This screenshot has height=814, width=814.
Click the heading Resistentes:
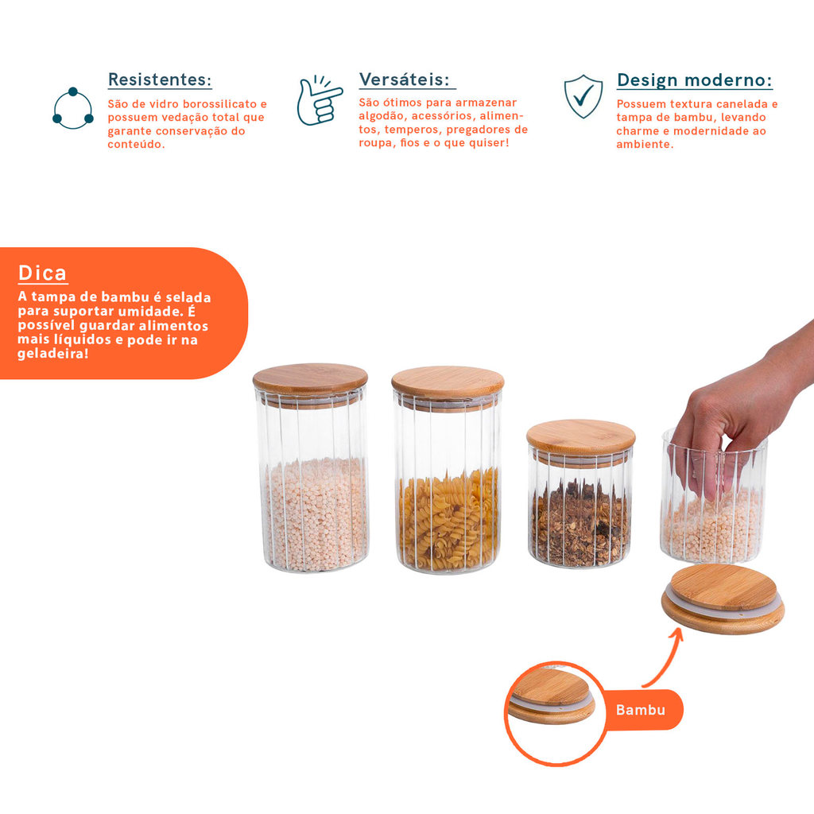point(160,79)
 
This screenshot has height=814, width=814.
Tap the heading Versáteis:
point(405,79)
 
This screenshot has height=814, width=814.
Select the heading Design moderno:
point(695,80)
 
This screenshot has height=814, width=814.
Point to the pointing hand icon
point(319,101)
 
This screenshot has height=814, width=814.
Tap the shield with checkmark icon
point(583,96)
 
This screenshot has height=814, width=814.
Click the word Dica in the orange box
point(43,273)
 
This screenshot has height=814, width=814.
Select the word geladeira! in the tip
point(53,354)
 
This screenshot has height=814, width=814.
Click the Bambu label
point(641,710)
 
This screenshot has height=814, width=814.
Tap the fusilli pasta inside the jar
point(448,518)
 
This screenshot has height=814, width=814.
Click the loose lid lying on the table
point(723,599)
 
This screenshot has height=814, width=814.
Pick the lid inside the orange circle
point(552,696)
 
